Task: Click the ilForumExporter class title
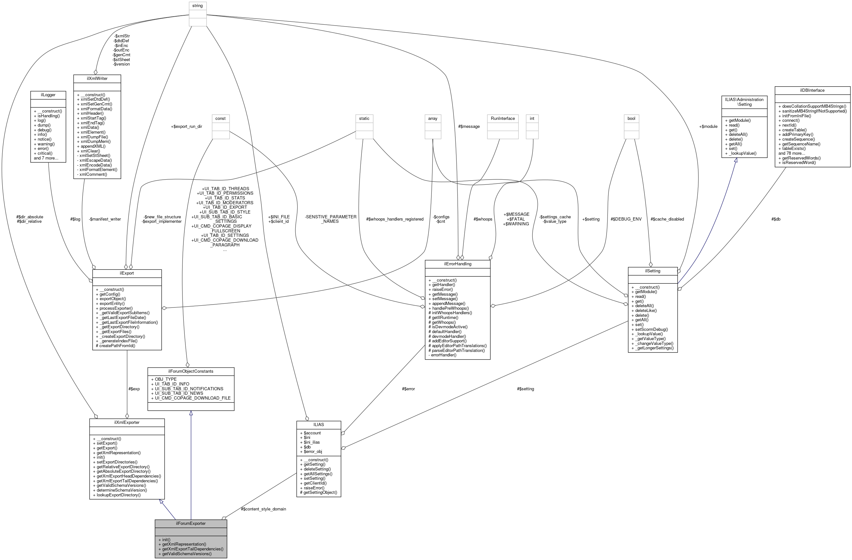tap(190, 524)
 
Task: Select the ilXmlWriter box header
tap(97, 78)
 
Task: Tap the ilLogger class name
tap(48, 95)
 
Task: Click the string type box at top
tap(197, 6)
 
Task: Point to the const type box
tap(221, 119)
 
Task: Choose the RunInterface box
tap(503, 119)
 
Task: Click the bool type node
tap(631, 119)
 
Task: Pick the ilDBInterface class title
tap(812, 90)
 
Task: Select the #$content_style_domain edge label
tap(263, 509)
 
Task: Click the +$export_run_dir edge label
tap(187, 126)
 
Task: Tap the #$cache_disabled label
tap(667, 219)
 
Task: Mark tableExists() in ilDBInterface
tap(794, 149)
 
